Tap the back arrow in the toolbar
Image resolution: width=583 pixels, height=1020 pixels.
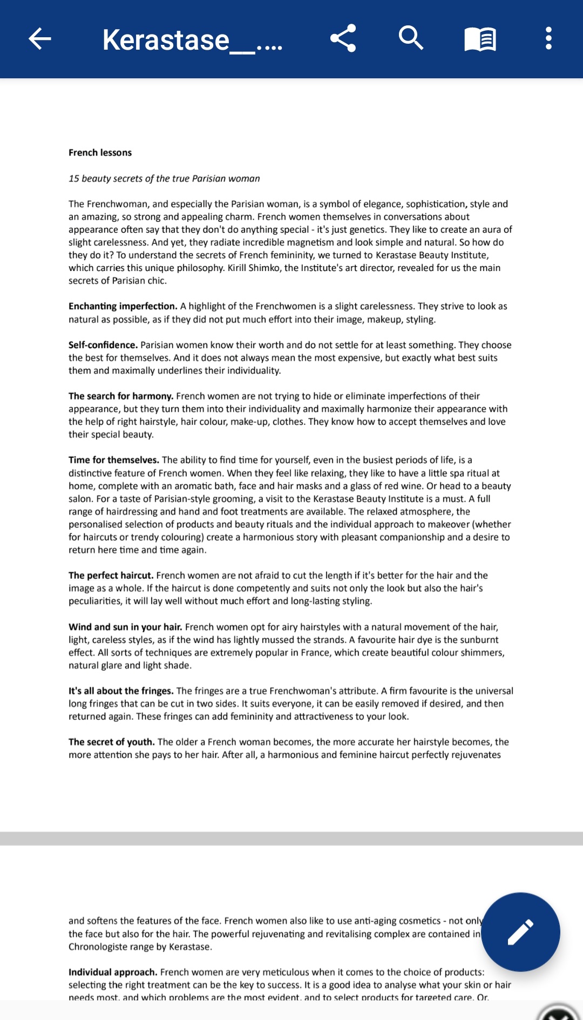39,39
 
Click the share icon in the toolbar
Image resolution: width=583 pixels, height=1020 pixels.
343,38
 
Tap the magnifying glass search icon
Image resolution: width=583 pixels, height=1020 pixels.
411,38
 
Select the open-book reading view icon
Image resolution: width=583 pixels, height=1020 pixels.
480,39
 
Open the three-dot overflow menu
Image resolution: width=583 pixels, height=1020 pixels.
548,39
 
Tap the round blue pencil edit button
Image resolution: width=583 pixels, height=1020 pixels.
520,931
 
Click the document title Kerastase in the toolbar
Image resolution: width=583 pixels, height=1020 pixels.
192,40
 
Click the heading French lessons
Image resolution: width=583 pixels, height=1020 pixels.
100,153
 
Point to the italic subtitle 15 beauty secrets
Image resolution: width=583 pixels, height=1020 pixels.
164,179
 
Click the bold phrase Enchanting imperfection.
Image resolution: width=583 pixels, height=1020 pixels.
123,306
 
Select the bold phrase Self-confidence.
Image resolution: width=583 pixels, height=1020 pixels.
103,345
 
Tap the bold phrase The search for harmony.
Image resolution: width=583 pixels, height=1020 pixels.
120,396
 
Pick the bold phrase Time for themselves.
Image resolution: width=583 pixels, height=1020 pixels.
113,460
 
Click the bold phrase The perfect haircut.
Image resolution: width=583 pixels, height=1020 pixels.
111,576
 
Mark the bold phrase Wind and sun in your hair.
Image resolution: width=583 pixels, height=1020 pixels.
125,627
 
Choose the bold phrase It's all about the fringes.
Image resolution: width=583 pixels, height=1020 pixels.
121,691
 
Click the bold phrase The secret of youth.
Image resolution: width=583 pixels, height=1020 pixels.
111,742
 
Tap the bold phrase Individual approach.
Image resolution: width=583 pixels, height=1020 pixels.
113,972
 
